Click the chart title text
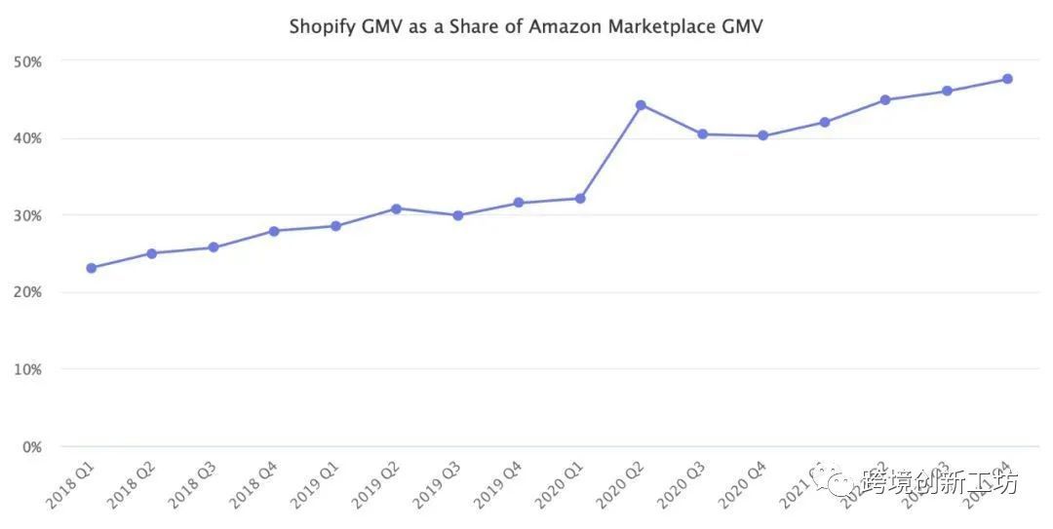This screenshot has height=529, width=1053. click(x=526, y=26)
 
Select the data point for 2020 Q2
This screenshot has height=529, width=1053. click(x=641, y=105)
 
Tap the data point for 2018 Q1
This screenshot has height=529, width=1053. click(x=91, y=268)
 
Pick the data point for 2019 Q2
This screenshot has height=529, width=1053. click(x=396, y=208)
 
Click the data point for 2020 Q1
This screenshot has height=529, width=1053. click(x=580, y=199)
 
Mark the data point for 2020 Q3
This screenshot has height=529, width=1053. click(x=702, y=134)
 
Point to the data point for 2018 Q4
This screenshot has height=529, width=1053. click(x=274, y=231)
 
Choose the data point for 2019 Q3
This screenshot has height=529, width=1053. click(x=457, y=215)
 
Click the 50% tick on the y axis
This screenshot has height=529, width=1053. click(x=27, y=61)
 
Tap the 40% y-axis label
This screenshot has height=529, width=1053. click(x=27, y=138)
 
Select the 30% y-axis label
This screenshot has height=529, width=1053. click(x=27, y=215)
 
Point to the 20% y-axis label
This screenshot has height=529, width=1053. click(x=27, y=292)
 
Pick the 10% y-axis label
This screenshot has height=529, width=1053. click(x=27, y=369)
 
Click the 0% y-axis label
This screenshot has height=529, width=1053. click(x=31, y=447)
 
